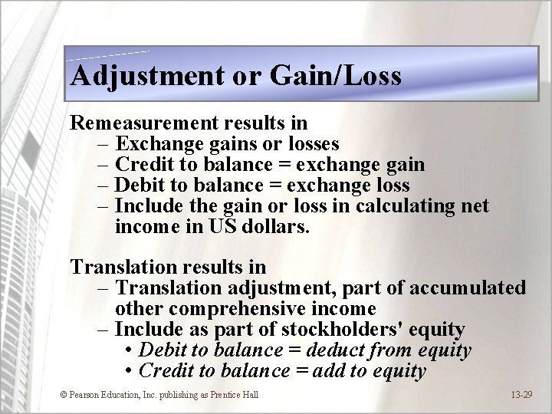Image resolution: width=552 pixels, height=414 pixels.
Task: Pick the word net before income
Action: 474,206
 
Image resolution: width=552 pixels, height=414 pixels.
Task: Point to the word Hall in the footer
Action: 249,395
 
